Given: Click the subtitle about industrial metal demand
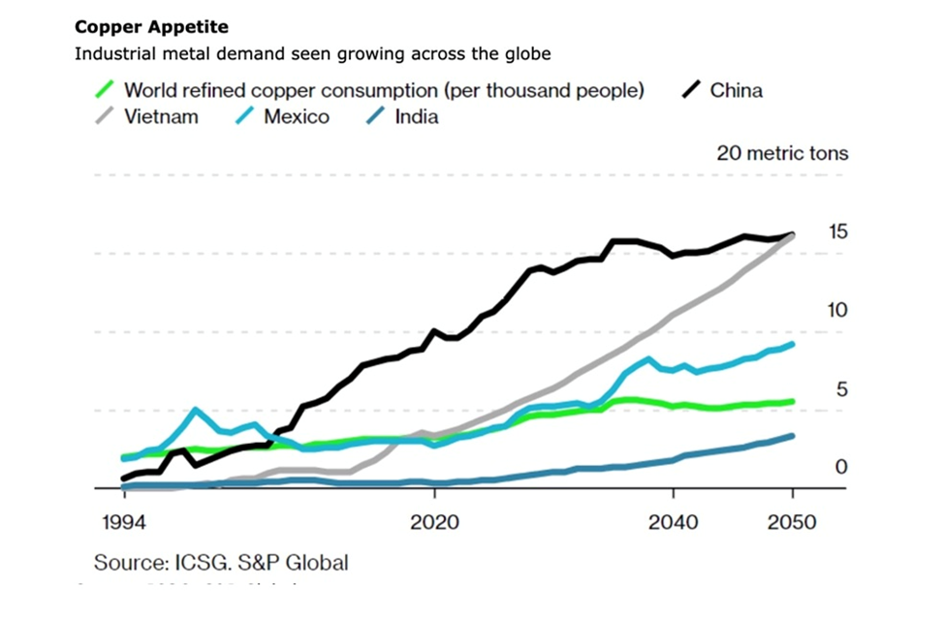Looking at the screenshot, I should click(312, 52).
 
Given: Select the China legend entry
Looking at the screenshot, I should click(736, 91).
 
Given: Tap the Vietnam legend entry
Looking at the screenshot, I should click(160, 117).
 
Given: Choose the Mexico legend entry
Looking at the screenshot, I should click(296, 117).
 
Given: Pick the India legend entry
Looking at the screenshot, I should click(416, 117).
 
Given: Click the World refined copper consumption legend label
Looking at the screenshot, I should click(384, 91).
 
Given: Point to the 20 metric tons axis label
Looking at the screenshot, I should click(781, 153).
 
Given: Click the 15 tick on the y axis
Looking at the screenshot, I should click(838, 231).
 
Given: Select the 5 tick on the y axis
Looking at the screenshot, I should click(841, 389).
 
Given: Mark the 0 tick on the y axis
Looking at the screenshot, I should click(841, 467).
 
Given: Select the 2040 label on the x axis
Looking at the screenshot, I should click(673, 522).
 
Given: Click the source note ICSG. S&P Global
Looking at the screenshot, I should click(221, 562).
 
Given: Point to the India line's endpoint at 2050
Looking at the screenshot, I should click(793, 436).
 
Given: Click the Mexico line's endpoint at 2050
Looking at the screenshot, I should click(793, 345).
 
